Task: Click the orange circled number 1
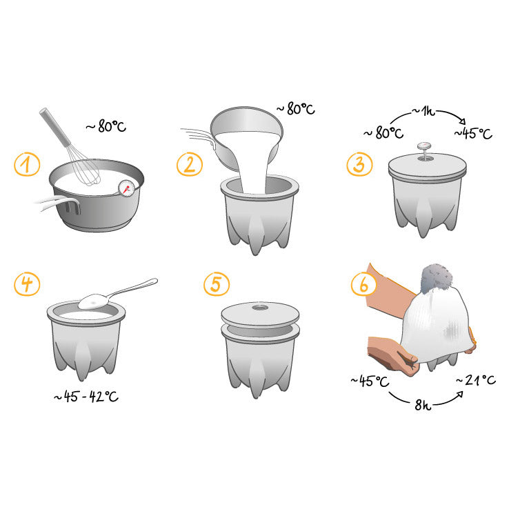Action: [x=27, y=164]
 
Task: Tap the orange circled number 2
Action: [x=190, y=164]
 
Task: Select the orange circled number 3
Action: [x=359, y=164]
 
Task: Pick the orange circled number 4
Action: [x=27, y=283]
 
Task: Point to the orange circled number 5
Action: [x=217, y=283]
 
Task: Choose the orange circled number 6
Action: [x=363, y=283]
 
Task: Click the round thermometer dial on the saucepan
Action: [x=126, y=188]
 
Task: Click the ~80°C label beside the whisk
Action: [x=106, y=126]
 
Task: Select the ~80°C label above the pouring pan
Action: [x=295, y=109]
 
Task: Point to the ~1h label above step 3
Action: [x=423, y=111]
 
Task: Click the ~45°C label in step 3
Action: [x=473, y=133]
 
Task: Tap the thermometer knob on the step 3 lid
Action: [x=424, y=146]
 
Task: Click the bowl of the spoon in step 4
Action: [x=94, y=301]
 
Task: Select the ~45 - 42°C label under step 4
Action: [x=86, y=397]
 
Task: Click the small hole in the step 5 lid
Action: [x=260, y=307]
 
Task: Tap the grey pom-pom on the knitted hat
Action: [x=436, y=278]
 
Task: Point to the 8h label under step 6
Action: [x=423, y=405]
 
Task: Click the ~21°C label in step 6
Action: [x=476, y=380]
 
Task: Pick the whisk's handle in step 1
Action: [x=55, y=127]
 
